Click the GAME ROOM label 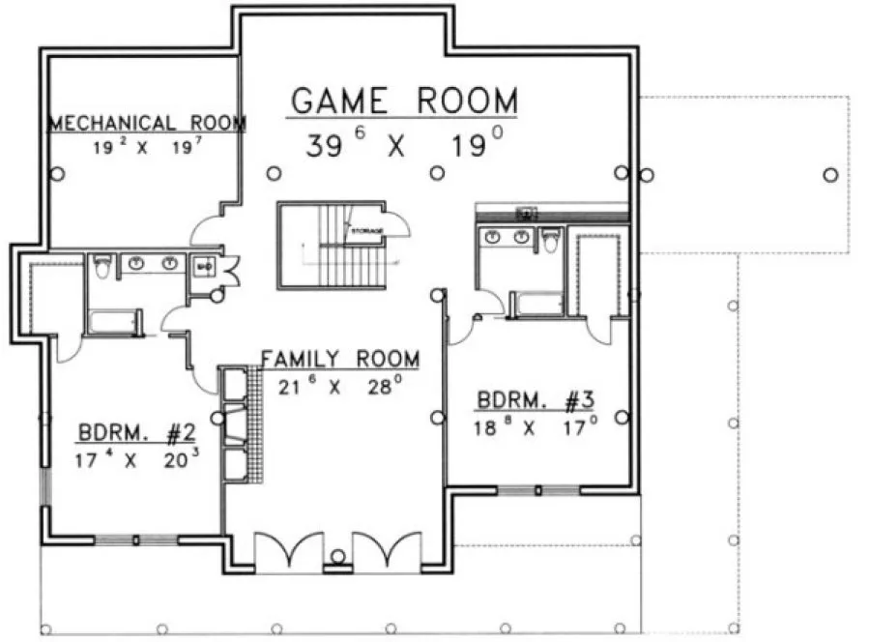(404, 101)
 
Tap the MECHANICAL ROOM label (147, 124)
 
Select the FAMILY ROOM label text (340, 360)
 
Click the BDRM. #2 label (139, 432)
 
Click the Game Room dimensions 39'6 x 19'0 (404, 145)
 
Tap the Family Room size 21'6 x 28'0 (338, 387)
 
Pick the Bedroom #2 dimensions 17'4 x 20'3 (139, 459)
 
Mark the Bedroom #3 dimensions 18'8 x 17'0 (536, 426)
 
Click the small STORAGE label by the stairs (367, 230)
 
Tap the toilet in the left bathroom (101, 265)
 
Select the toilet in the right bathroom (551, 240)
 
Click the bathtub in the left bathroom (114, 321)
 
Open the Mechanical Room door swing (206, 230)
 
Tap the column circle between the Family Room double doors (338, 556)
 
